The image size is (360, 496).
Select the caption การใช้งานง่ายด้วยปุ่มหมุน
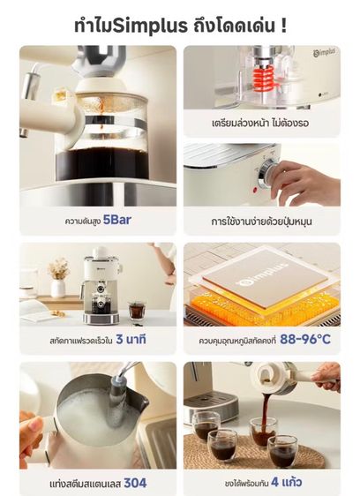261,220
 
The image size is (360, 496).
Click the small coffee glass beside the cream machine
136,311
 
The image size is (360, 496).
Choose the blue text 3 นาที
131,338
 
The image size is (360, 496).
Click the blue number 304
135,483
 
